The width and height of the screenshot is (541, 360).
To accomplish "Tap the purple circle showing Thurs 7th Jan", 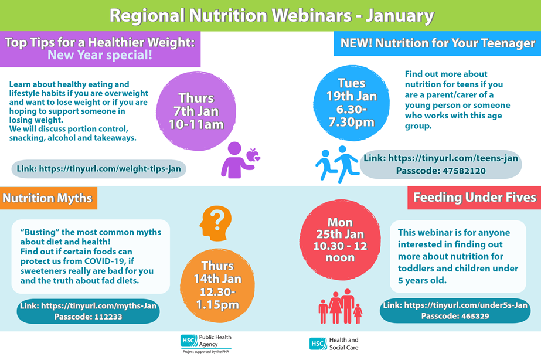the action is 196,111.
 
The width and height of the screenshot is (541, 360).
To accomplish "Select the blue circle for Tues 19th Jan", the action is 352,103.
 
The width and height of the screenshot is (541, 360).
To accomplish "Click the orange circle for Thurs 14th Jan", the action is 217,286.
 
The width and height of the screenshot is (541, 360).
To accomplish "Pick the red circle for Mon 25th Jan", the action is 340,240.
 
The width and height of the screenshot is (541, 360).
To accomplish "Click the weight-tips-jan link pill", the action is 98,169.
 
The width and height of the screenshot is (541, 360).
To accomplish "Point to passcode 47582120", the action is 441,171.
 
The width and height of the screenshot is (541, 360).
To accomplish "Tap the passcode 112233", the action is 88,317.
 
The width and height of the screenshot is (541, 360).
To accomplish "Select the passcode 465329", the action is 455,316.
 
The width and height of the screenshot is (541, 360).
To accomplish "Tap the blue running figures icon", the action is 337,164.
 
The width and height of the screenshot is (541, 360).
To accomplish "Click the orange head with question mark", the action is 215,223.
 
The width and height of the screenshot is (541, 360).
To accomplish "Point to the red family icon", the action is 340,307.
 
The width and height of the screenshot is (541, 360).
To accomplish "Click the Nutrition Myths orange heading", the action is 47,198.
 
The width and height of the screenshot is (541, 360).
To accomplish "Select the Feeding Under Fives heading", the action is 474,198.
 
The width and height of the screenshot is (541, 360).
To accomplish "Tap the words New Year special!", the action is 100,55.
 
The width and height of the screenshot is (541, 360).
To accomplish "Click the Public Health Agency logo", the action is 206,344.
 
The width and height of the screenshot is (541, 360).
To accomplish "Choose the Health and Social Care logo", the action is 334,344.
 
